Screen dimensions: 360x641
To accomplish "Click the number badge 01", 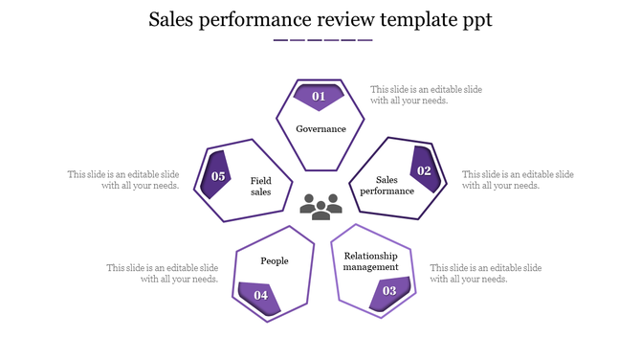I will click(x=319, y=96).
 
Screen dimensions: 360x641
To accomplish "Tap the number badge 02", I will click(x=424, y=170).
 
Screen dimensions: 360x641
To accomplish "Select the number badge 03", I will click(x=389, y=291).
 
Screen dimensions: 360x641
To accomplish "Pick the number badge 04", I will click(x=260, y=295).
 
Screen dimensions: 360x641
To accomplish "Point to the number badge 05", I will click(x=218, y=176).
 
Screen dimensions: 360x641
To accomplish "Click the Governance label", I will click(x=320, y=129).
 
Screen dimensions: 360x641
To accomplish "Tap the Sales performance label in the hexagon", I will click(x=387, y=185).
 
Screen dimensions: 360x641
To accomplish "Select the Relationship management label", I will click(x=371, y=260).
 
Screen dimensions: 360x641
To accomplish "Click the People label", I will click(x=275, y=260).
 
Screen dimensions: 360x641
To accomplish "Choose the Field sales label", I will click(x=261, y=186).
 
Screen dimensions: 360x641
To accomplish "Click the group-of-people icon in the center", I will click(x=320, y=204).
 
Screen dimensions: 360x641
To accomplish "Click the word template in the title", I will click(x=404, y=20).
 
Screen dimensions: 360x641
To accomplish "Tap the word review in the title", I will click(x=329, y=20).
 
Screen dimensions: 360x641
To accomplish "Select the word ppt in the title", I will click(x=473, y=21).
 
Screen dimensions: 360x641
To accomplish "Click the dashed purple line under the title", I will click(x=322, y=40).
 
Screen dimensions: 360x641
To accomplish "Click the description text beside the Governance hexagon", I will click(x=426, y=95).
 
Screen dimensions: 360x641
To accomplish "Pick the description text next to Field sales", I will click(x=123, y=180).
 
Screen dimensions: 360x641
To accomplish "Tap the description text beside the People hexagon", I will click(x=163, y=274).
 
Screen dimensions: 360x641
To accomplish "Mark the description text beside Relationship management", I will click(x=486, y=273).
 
